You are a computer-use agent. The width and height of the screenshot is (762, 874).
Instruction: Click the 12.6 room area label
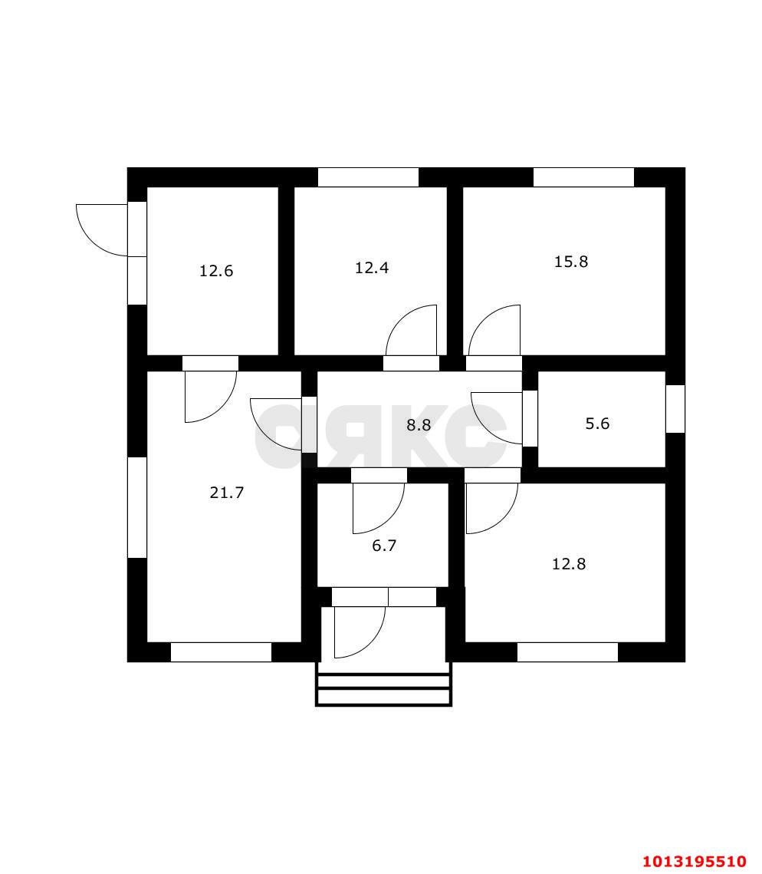click(x=216, y=271)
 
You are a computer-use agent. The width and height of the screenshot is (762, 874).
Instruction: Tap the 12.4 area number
click(x=372, y=268)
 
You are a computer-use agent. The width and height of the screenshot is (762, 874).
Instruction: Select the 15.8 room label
click(x=571, y=262)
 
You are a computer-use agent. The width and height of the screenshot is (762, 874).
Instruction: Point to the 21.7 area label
click(x=227, y=493)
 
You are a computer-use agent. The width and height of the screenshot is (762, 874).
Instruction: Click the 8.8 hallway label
click(x=419, y=425)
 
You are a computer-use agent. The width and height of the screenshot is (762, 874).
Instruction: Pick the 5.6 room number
click(x=597, y=424)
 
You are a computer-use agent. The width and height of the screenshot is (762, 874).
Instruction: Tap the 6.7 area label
click(x=384, y=545)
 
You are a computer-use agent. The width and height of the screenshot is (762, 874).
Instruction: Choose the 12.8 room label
click(x=569, y=564)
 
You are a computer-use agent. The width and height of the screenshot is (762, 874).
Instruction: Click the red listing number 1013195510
click(x=695, y=861)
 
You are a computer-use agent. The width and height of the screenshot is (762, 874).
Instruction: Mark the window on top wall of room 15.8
click(x=583, y=177)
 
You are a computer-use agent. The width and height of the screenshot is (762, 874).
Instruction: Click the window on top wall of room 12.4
click(x=368, y=177)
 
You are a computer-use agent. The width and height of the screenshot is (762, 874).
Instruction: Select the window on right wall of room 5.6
click(x=675, y=408)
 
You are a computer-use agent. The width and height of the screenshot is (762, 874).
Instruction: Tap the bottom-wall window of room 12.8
click(x=567, y=652)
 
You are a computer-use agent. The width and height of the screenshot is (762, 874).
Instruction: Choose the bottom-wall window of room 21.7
click(x=221, y=652)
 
